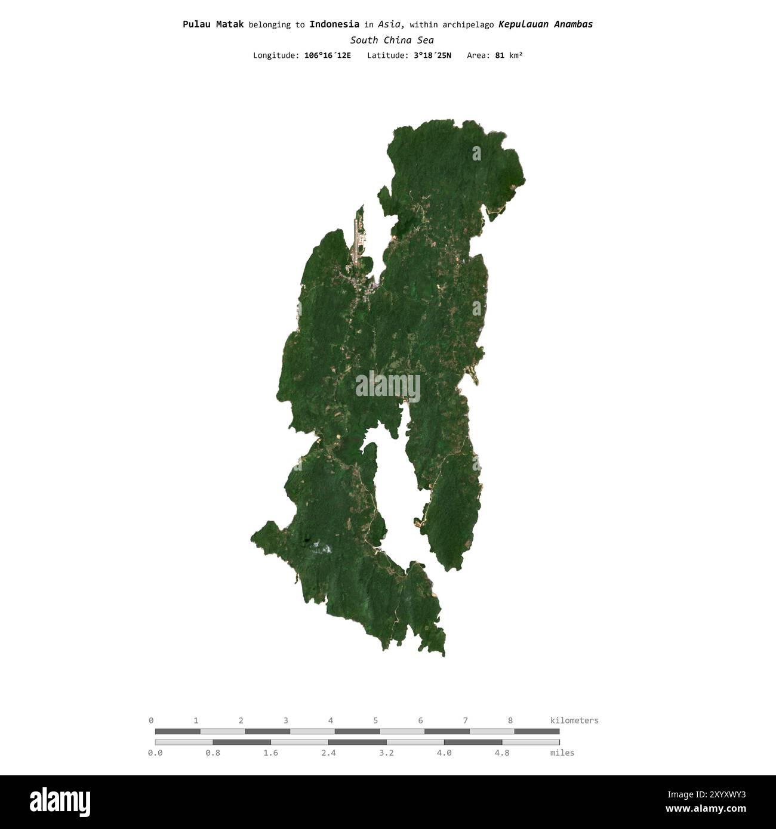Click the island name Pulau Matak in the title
pyautogui.click(x=213, y=24)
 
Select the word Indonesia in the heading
pyautogui.click(x=334, y=24)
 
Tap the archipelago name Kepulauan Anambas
pyautogui.click(x=546, y=24)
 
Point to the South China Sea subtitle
pyautogui.click(x=392, y=40)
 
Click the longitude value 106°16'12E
pyautogui.click(x=328, y=55)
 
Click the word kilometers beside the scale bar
pyautogui.click(x=574, y=720)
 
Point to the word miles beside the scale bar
pyautogui.click(x=562, y=753)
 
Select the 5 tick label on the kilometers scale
pyautogui.click(x=375, y=720)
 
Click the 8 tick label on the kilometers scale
pyautogui.click(x=510, y=720)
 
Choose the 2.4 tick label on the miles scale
pyautogui.click(x=328, y=753)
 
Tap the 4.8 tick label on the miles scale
pyautogui.click(x=502, y=753)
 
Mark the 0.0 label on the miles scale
pyautogui.click(x=155, y=753)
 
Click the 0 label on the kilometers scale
pyautogui.click(x=151, y=720)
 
